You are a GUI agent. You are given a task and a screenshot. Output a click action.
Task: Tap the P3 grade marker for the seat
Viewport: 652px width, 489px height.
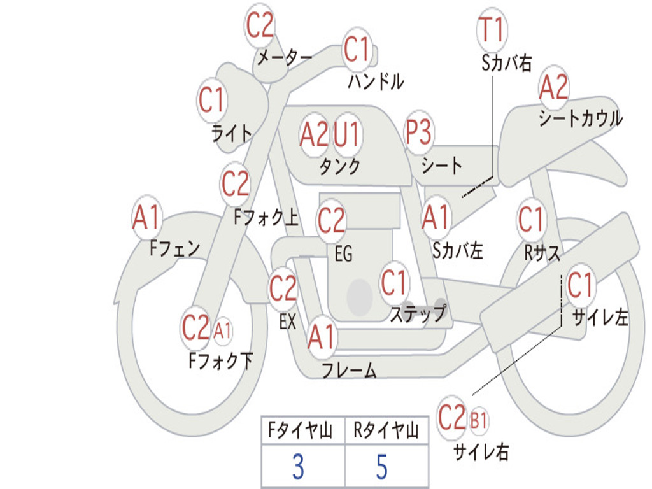click(x=419, y=133)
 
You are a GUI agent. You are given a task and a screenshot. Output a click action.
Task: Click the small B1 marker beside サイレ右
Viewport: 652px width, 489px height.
click(x=479, y=420)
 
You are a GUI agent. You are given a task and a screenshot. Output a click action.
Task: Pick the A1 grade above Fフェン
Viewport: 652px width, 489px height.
click(x=147, y=218)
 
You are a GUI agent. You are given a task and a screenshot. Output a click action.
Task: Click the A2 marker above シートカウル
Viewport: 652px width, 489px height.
click(x=553, y=88)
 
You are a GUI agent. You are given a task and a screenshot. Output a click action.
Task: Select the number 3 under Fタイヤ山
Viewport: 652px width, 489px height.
click(x=297, y=467)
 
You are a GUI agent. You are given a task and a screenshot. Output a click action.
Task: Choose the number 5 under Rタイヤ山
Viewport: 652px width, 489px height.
click(x=381, y=467)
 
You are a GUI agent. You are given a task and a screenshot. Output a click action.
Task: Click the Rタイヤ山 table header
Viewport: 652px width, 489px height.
click(x=386, y=431)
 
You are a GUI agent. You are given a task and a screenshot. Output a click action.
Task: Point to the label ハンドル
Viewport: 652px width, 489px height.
click(x=376, y=81)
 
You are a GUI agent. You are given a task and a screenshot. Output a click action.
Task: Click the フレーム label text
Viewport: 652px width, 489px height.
click(x=349, y=370)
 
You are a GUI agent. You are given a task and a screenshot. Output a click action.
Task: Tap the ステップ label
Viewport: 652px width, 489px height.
click(x=418, y=313)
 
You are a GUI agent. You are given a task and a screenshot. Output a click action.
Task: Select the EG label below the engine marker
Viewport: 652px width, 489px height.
click(x=343, y=253)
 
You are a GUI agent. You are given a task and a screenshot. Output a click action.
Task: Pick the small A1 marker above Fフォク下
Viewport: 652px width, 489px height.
click(x=223, y=330)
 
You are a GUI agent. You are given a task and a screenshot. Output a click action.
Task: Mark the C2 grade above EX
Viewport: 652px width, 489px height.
click(x=283, y=290)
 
